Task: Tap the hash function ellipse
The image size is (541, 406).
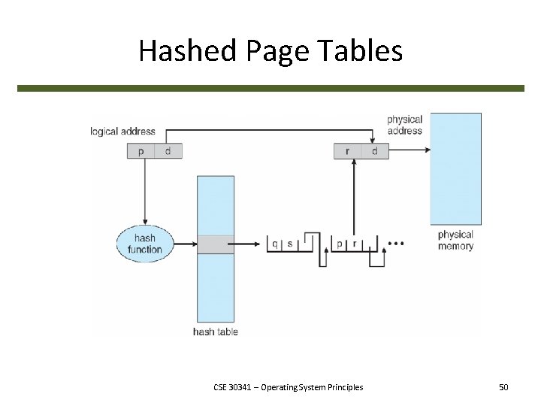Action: click(x=144, y=244)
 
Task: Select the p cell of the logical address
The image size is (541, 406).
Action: click(x=141, y=151)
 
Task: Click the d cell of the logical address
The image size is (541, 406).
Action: click(x=168, y=151)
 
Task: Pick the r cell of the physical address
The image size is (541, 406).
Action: click(x=347, y=151)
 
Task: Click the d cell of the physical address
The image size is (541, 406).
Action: click(x=374, y=151)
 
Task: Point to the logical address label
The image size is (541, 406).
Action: click(x=122, y=132)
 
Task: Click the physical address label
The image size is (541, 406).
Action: click(x=404, y=125)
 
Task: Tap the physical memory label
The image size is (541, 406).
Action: click(x=455, y=241)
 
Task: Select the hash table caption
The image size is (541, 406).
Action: click(x=215, y=332)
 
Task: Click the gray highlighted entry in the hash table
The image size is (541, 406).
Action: click(x=215, y=244)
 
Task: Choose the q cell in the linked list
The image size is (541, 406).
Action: click(x=275, y=244)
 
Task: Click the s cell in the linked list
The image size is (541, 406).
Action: click(x=290, y=244)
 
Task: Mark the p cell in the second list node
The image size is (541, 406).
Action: click(x=340, y=244)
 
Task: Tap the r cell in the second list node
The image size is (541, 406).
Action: click(x=355, y=244)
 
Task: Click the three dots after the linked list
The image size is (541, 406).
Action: click(x=395, y=244)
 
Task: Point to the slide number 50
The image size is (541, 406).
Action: click(x=503, y=387)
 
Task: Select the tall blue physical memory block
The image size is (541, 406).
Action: click(x=455, y=168)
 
